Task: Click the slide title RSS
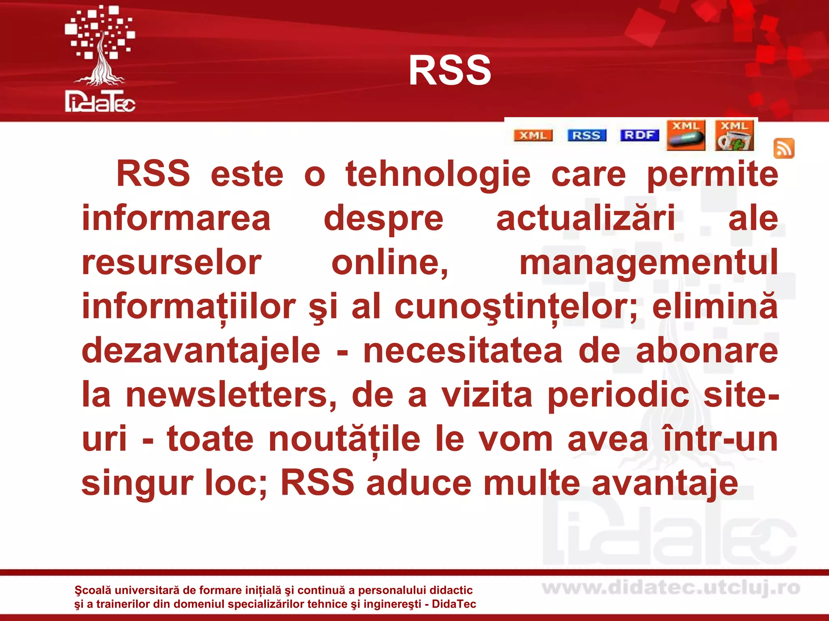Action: click(450, 71)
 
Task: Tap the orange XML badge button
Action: click(533, 135)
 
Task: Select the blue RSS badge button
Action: click(587, 135)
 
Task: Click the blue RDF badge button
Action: click(639, 135)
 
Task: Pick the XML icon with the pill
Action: click(686, 135)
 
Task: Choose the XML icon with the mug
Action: click(734, 135)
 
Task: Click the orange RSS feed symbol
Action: click(784, 148)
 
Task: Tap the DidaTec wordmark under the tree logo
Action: click(100, 102)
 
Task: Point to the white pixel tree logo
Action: click(100, 44)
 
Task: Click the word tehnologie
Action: click(438, 175)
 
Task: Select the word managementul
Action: click(648, 263)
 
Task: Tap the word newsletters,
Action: click(231, 395)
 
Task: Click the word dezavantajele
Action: click(201, 351)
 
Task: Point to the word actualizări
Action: click(585, 218)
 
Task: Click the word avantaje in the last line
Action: click(665, 483)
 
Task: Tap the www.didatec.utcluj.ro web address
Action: click(671, 588)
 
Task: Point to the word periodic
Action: click(618, 395)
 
